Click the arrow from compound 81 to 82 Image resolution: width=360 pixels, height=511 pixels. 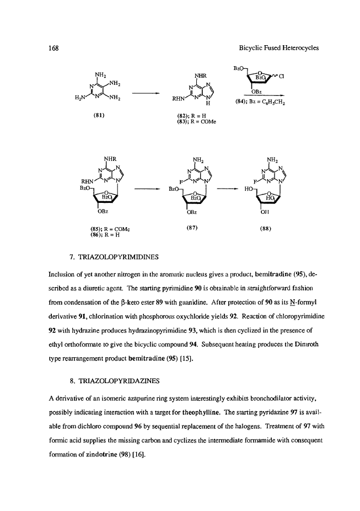(142, 93)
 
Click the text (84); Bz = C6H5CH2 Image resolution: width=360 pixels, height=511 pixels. (259, 101)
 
